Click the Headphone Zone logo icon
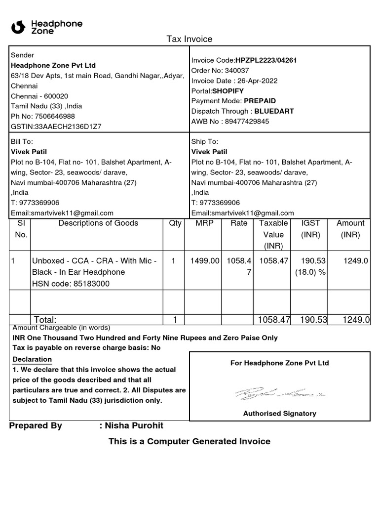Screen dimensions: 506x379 tap(18, 27)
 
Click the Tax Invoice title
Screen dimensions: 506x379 tap(189, 39)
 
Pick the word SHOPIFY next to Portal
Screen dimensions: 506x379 tap(228, 91)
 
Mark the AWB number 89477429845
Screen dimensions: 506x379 tap(247, 122)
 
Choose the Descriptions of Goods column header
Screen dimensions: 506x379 tap(98, 223)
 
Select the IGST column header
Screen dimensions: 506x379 tap(311, 223)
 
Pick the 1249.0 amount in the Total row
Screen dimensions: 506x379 tap(356, 320)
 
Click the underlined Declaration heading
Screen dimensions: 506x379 tap(32, 359)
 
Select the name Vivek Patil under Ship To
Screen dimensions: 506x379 tap(209, 152)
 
